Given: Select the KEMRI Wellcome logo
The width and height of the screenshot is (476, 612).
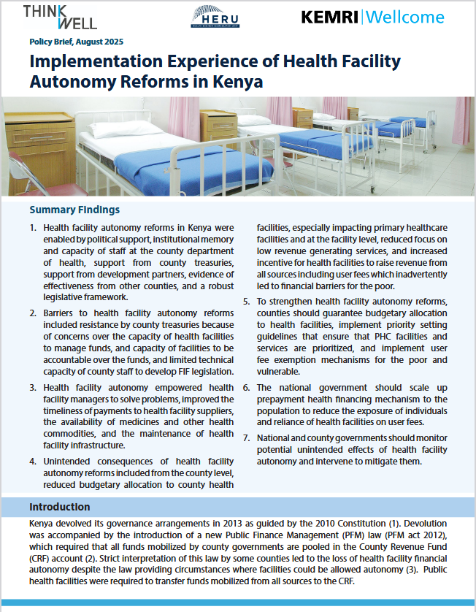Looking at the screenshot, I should (372, 17).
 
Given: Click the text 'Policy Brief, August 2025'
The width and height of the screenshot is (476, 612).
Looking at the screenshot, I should (77, 42).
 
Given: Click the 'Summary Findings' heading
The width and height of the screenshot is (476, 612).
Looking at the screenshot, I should (74, 210).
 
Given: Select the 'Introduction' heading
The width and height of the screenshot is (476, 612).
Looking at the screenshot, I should (60, 507).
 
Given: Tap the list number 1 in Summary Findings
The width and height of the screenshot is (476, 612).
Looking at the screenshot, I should (33, 229).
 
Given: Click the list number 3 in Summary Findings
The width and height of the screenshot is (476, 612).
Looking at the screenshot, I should (33, 388).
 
